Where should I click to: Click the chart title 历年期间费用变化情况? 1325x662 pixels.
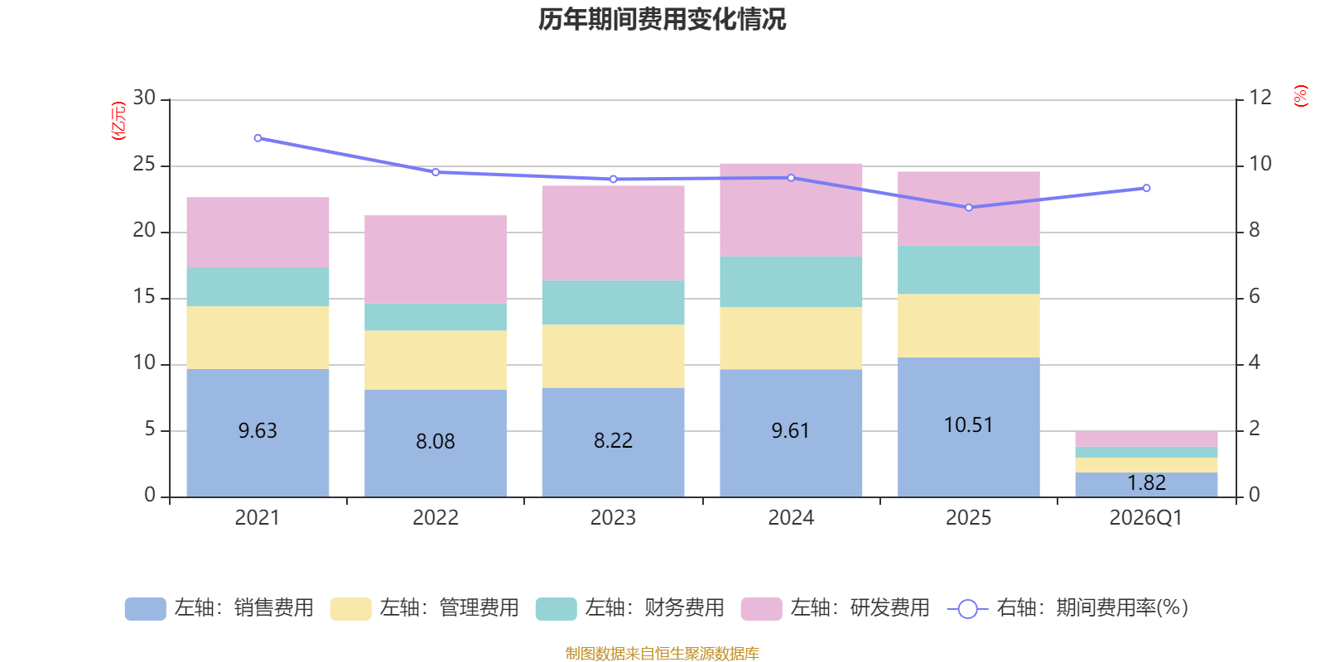point(662,19)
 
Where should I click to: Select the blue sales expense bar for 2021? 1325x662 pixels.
point(258,463)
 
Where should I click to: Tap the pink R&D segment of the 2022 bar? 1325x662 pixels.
point(436,259)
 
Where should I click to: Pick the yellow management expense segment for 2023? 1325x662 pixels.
point(613,356)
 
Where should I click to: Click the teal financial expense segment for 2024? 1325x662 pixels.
point(791,281)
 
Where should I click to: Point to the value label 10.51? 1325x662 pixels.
point(968,425)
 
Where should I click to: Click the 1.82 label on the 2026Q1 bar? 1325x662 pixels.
point(1146,482)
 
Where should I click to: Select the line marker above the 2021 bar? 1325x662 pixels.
point(258,138)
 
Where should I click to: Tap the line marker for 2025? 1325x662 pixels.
point(969,207)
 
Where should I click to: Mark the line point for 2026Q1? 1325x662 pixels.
point(1146,188)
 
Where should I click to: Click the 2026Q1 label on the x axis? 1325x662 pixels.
point(1145,518)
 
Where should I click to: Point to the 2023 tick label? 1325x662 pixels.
point(613,518)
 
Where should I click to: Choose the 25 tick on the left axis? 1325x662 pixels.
point(144,165)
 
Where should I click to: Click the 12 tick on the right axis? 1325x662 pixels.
point(1260,98)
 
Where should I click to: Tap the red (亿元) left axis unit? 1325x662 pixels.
point(118,121)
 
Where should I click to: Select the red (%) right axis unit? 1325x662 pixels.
point(1301,96)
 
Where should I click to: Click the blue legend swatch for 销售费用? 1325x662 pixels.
point(145,608)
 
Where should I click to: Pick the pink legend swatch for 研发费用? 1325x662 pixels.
point(761,608)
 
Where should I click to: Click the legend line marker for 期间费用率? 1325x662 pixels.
point(967,609)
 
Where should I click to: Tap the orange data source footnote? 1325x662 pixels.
point(662,654)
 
